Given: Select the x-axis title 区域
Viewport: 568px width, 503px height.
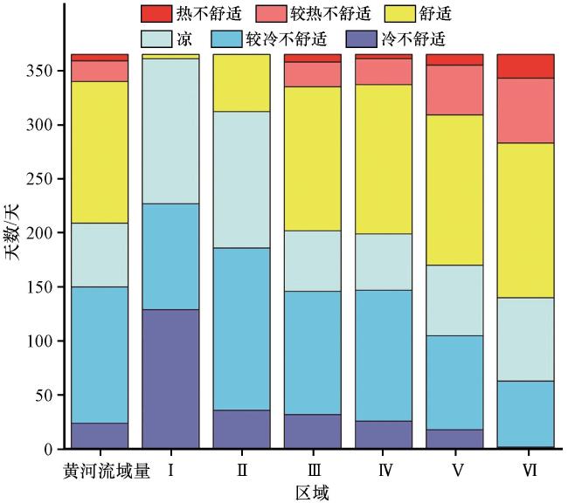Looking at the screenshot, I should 313,493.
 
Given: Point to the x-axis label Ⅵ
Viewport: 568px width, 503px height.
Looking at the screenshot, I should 526,472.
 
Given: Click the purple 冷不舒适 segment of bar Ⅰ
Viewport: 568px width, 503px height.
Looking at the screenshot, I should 171,379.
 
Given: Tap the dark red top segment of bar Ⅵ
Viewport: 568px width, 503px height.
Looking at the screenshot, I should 526,66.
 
